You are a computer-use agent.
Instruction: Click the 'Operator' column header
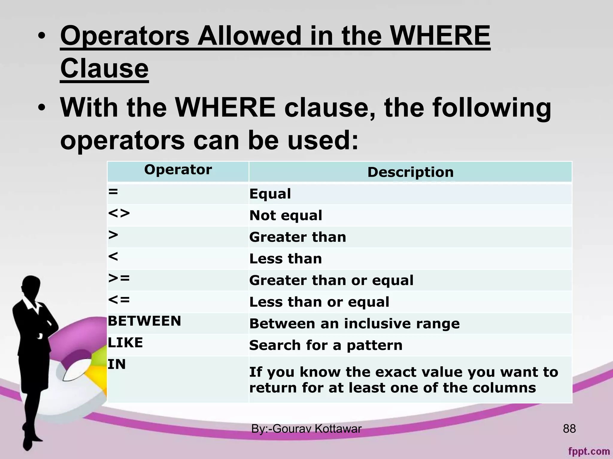tap(178, 170)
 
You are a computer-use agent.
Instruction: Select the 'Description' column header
tap(410, 172)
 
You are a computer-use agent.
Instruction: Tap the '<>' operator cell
tap(119, 213)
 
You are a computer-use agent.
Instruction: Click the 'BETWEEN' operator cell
tap(145, 321)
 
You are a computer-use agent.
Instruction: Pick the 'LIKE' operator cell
tap(125, 342)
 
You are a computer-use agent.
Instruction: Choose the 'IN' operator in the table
tap(117, 364)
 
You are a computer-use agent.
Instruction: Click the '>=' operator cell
tap(119, 278)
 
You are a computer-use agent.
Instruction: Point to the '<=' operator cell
tap(119, 300)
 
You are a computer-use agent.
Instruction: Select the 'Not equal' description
tap(286, 215)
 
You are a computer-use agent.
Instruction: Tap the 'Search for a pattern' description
tap(326, 345)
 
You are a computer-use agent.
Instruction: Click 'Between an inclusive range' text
tap(354, 324)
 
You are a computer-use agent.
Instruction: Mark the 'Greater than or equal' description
tap(331, 281)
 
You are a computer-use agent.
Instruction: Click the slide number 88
tap(569, 429)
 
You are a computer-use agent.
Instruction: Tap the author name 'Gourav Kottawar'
tap(317, 429)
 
